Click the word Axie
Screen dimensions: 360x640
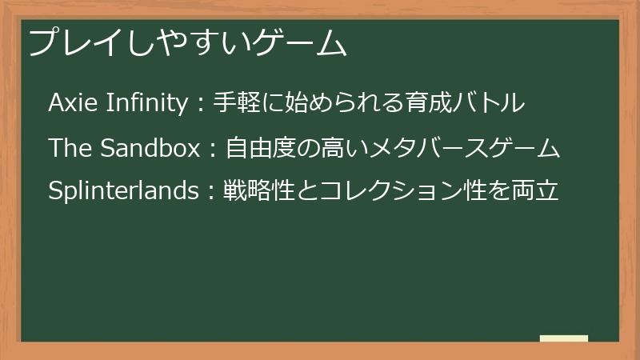click(x=68, y=103)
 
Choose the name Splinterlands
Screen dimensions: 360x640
click(x=122, y=191)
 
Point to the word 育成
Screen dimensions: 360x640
click(x=423, y=103)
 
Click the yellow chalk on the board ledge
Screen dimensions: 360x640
click(x=563, y=338)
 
